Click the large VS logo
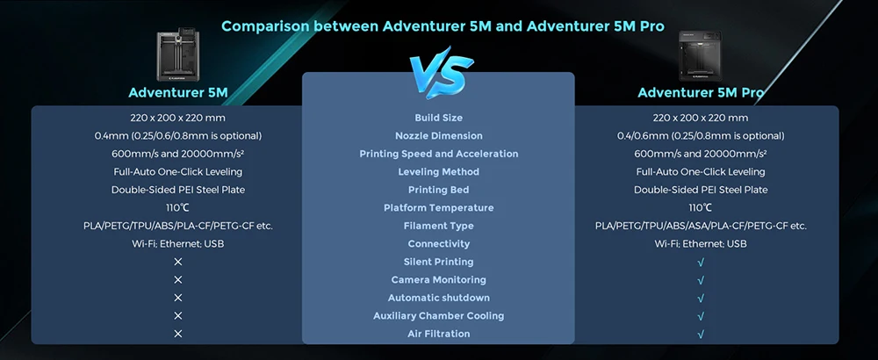click(440, 72)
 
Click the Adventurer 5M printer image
click(177, 54)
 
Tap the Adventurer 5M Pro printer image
click(700, 55)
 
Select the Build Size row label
click(438, 118)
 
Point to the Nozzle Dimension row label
click(438, 135)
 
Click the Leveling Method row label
click(438, 171)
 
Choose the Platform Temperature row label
click(438, 208)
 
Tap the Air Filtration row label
click(438, 334)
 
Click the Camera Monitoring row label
click(438, 279)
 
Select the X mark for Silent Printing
click(178, 262)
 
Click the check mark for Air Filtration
click(701, 335)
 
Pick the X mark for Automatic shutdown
click(178, 298)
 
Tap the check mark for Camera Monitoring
click(701, 280)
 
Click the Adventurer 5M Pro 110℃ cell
click(700, 208)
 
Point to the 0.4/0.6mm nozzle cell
click(701, 135)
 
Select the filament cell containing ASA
click(701, 226)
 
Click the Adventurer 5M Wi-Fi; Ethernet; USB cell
click(178, 243)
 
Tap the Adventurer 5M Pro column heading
click(701, 92)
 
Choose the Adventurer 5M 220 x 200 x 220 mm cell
click(178, 118)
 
